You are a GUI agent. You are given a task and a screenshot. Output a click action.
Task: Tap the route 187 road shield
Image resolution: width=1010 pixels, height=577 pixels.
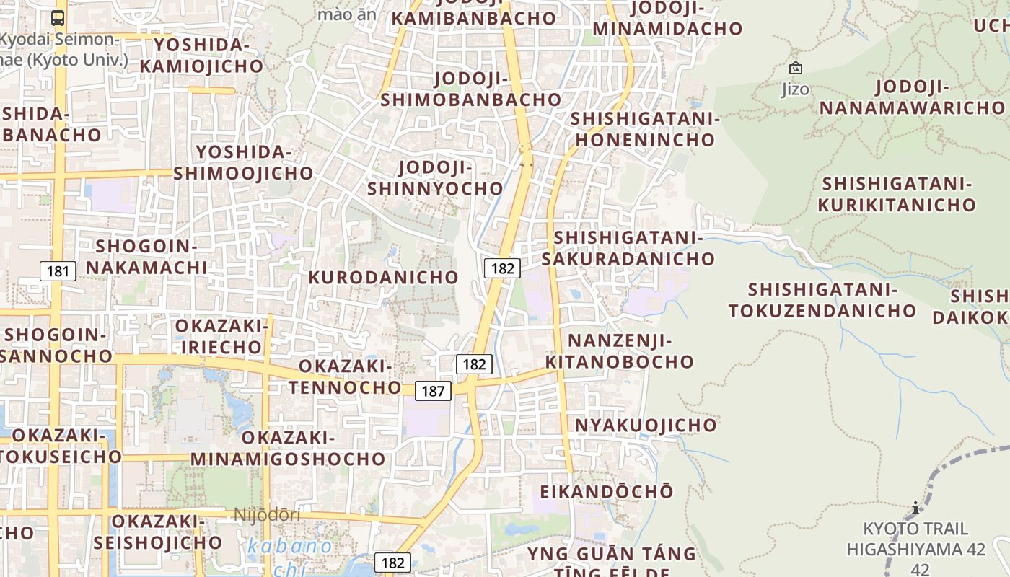(433, 391)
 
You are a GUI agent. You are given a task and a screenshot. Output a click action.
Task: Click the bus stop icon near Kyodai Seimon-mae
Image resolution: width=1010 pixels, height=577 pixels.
(58, 17)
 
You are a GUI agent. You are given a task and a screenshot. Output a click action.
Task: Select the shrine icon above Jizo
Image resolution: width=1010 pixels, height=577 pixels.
(795, 69)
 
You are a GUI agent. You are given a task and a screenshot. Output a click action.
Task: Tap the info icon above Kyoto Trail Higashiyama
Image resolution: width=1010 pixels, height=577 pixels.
(915, 508)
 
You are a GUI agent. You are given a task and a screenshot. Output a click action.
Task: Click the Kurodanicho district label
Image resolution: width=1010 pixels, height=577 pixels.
(383, 277)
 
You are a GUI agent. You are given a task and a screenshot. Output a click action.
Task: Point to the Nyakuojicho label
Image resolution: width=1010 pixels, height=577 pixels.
(646, 425)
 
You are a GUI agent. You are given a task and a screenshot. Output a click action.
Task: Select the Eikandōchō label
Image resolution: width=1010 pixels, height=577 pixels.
(607, 491)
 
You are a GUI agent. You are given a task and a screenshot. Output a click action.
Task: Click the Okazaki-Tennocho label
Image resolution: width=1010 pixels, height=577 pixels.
(345, 376)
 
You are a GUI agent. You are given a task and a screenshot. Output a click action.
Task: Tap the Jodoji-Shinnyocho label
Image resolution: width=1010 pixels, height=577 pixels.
(435, 178)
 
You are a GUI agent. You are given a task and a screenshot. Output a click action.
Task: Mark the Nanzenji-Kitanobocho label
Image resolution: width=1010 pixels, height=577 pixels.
(620, 351)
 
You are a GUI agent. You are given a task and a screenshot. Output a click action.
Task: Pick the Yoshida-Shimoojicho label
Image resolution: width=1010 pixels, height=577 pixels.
(243, 163)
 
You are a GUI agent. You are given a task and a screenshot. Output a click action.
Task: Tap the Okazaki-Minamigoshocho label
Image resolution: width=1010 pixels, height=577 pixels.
(288, 448)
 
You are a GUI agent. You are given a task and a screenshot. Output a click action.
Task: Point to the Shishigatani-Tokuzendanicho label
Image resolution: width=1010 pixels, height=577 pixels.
(822, 300)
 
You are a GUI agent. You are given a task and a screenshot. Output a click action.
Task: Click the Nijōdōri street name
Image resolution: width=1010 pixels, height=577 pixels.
(267, 515)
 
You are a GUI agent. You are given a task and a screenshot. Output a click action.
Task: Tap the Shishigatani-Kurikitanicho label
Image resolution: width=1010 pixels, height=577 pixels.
(897, 194)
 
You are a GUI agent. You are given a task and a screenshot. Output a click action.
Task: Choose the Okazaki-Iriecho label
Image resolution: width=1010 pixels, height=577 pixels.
(221, 336)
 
